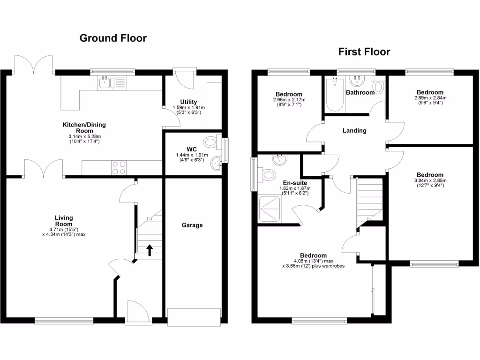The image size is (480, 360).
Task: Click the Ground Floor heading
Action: [113, 38]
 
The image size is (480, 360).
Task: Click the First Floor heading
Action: [364, 52]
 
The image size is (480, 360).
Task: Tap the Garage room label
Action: [192, 225]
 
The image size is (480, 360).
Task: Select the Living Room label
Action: [64, 221]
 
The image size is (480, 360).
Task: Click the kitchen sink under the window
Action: [106, 83]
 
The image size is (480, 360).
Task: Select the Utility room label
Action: [188, 102]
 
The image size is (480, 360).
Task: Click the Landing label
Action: [354, 130]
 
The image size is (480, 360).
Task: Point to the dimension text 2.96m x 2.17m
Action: [289, 99]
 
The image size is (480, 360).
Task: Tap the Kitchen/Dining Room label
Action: [84, 128]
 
